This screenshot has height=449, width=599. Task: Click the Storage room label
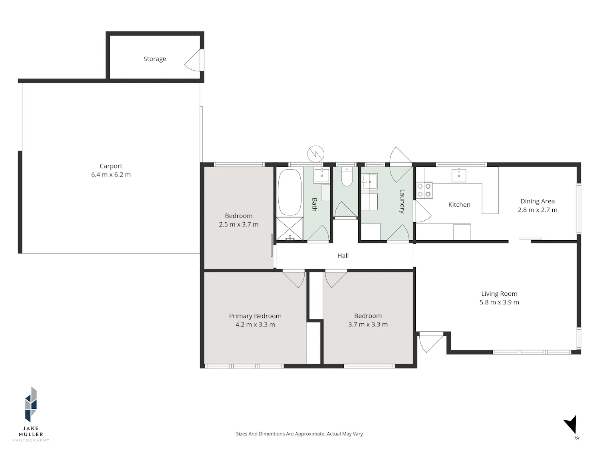(155, 59)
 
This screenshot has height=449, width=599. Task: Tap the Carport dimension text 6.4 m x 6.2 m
(111, 174)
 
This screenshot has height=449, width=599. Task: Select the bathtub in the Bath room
(290, 192)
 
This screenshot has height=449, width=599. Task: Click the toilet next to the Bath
(347, 177)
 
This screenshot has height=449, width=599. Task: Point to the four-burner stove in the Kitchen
(424, 190)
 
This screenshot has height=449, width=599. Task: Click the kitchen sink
(458, 175)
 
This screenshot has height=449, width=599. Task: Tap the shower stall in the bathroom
(290, 229)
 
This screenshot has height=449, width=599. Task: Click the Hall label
(343, 256)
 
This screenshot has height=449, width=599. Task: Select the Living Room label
(499, 294)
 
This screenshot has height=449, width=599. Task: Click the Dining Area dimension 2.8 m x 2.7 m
(538, 210)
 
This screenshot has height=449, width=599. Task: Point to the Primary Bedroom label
(255, 316)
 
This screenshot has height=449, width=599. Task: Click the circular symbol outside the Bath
(315, 154)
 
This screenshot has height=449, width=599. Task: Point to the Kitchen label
(459, 205)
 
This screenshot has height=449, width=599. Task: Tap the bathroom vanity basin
(322, 175)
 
